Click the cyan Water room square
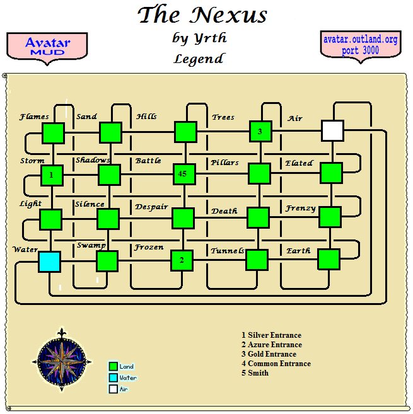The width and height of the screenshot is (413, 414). click(x=49, y=262)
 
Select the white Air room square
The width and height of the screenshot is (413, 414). click(x=332, y=130)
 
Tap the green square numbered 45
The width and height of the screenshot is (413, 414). click(x=183, y=173)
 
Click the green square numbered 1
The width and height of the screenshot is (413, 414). click(x=52, y=175)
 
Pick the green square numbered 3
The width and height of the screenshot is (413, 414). click(x=260, y=131)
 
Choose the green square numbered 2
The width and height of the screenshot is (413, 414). click(x=182, y=260)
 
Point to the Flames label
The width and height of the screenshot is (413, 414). click(x=34, y=117)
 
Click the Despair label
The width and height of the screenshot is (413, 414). click(x=151, y=207)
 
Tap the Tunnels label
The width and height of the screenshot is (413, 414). click(x=228, y=251)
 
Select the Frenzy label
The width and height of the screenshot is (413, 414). click(x=300, y=208)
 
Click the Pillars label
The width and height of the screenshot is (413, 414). click(x=225, y=163)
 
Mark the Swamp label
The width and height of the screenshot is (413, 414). click(x=91, y=244)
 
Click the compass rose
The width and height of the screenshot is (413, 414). click(x=62, y=360)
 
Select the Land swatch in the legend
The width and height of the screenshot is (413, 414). click(x=113, y=366)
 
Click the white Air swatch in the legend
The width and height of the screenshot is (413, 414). click(x=113, y=389)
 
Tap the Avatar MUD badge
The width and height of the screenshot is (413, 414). click(x=47, y=46)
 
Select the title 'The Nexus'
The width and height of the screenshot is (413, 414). click(x=202, y=14)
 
